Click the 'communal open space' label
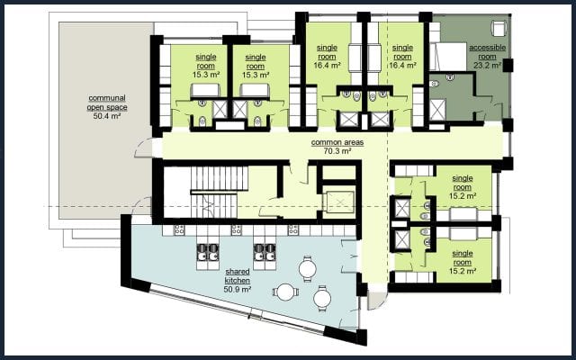click(107, 103)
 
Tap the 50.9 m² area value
click(238, 289)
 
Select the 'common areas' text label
click(337, 142)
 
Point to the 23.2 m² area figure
click(488, 66)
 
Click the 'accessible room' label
click(488, 52)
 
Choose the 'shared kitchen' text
click(238, 276)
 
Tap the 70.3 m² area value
click(337, 151)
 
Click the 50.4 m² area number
click(107, 116)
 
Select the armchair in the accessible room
click(499, 28)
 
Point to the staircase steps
click(218, 192)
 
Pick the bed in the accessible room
click(448, 57)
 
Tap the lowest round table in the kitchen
click(322, 298)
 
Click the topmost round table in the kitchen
click(308, 268)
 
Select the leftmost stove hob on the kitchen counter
click(180, 230)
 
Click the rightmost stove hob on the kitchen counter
click(293, 230)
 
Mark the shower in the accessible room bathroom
click(437, 110)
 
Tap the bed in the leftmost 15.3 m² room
click(205, 91)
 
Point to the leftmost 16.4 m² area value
click(327, 66)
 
